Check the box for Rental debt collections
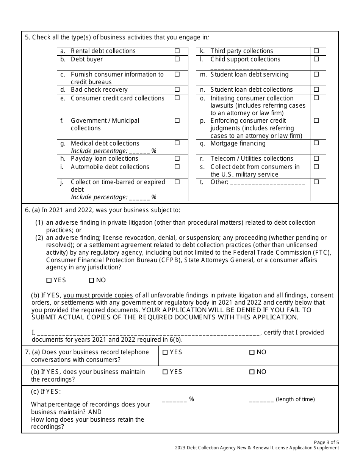click(x=177, y=51)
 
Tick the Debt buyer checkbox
click(x=177, y=59)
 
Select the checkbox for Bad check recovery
click(x=177, y=89)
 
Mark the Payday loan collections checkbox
click(x=177, y=158)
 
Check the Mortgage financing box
click(x=316, y=143)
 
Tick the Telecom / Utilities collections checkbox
click(x=316, y=158)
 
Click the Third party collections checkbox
click(x=316, y=51)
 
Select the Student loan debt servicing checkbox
click(x=316, y=74)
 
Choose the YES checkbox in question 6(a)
click(x=49, y=280)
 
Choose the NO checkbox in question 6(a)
click(x=91, y=280)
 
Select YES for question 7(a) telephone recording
click(x=165, y=352)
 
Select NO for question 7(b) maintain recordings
click(x=252, y=372)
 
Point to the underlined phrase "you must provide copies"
click(x=98, y=295)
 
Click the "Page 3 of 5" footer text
click(x=326, y=442)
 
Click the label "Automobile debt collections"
click(x=110, y=167)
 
